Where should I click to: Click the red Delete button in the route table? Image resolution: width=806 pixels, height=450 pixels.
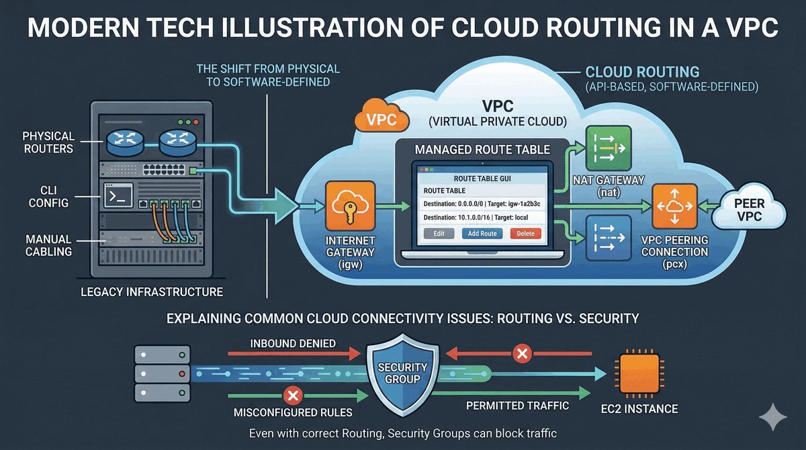point(526,234)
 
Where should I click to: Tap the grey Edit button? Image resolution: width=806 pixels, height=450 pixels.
point(439,234)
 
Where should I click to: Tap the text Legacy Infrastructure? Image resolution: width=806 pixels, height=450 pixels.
point(151,292)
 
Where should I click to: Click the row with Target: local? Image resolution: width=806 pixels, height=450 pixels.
point(482,218)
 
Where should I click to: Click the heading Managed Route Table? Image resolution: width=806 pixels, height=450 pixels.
point(482,149)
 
